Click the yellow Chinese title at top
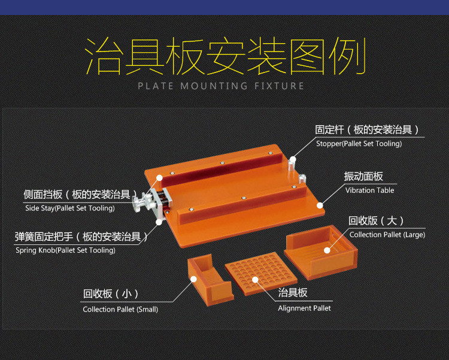point(226,56)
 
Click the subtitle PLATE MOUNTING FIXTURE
point(221,86)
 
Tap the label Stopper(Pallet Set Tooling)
point(359,144)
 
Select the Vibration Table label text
point(369,190)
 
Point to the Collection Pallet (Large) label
point(387,235)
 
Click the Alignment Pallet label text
point(304,308)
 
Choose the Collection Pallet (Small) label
point(120,310)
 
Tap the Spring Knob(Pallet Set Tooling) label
point(66,250)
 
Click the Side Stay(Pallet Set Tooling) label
point(70,208)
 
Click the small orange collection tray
point(210,280)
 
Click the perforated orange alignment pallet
point(261,273)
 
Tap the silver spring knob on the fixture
point(138,204)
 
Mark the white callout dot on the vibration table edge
point(320,205)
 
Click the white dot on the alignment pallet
point(255,280)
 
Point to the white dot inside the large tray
point(327,250)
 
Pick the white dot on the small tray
point(193,279)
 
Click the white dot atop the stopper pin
point(293,159)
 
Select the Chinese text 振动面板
point(363,176)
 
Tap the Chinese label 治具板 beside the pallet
point(293,293)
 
